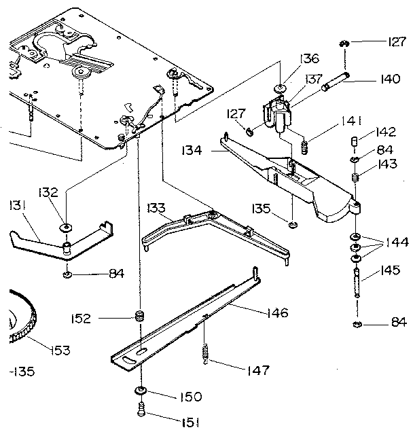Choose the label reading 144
[397, 242]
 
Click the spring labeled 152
[139, 317]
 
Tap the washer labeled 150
[141, 391]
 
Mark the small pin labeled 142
[354, 142]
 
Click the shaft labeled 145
[355, 281]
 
